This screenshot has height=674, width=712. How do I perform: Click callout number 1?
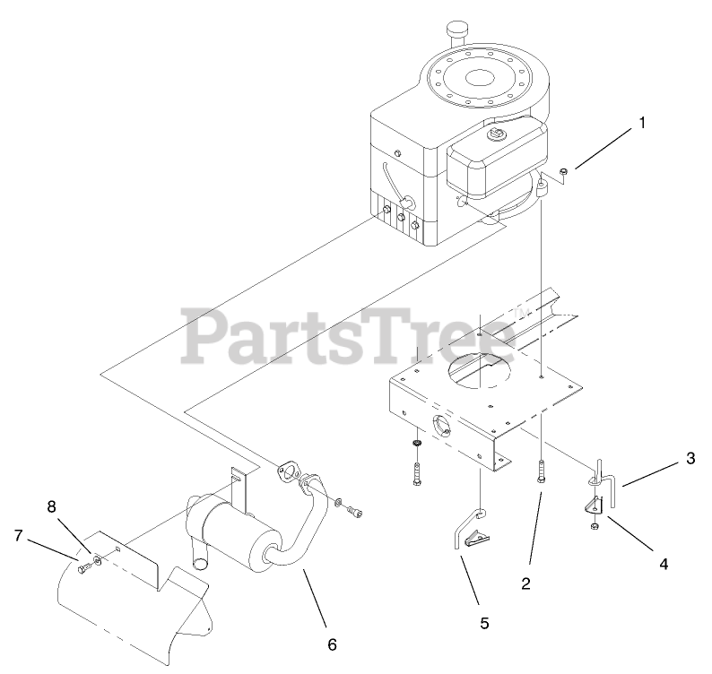pyautogui.click(x=641, y=125)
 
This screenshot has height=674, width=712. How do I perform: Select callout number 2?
pyautogui.click(x=526, y=583)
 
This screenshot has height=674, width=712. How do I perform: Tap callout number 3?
pyautogui.click(x=690, y=459)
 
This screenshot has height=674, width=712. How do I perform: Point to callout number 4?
pyautogui.click(x=664, y=564)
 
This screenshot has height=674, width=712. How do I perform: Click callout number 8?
pyautogui.click(x=51, y=505)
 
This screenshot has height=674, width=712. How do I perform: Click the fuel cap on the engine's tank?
pyautogui.click(x=493, y=134)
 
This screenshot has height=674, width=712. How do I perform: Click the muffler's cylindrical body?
pyautogui.click(x=228, y=533)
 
